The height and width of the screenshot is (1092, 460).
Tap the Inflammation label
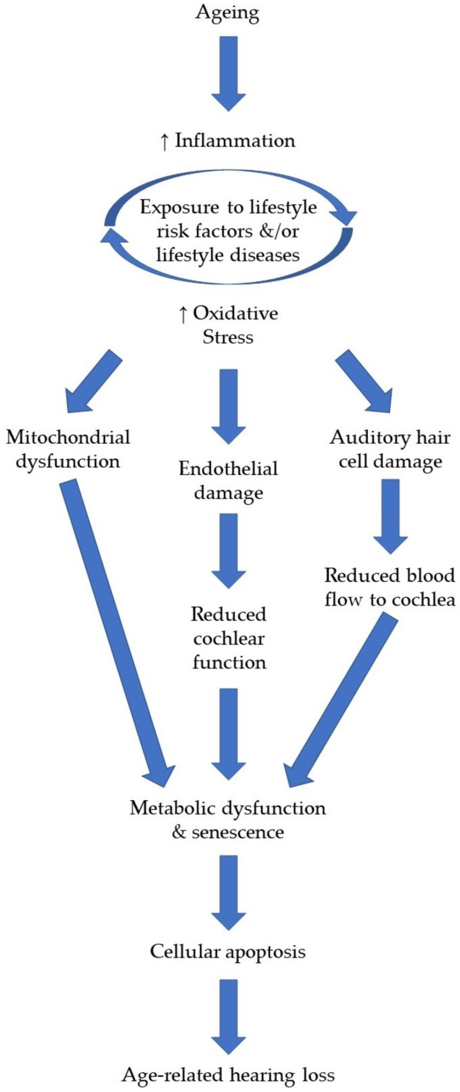pyautogui.click(x=235, y=141)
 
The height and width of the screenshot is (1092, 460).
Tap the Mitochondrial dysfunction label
pyautogui.click(x=68, y=449)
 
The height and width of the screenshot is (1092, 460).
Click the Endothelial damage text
pyautogui.click(x=229, y=480)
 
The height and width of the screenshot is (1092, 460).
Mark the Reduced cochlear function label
pyautogui.click(x=229, y=638)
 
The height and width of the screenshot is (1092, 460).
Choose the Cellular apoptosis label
pyautogui.click(x=228, y=952)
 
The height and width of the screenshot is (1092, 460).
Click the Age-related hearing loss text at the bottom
pyautogui.click(x=228, y=1075)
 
